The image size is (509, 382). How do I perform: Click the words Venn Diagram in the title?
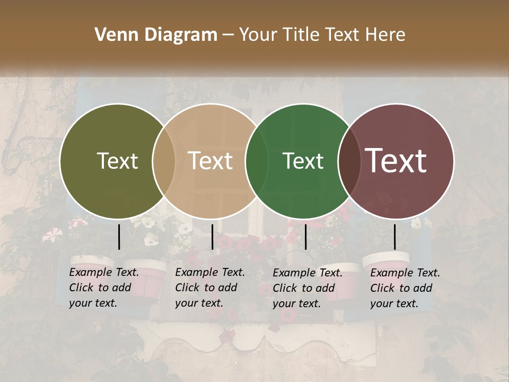click(x=156, y=35)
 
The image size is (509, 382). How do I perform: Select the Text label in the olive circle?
click(x=117, y=161)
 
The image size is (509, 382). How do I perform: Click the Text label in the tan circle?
click(x=210, y=161)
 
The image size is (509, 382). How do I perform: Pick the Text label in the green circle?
click(x=303, y=161)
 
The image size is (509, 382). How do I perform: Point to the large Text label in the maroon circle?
click(x=396, y=161)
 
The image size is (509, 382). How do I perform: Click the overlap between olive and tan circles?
click(x=164, y=161)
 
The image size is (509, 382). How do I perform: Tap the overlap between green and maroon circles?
click(x=349, y=161)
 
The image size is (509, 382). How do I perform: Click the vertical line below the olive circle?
click(x=119, y=237)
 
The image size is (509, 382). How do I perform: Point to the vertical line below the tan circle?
click(x=212, y=237)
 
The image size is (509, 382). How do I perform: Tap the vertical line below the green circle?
click(x=305, y=237)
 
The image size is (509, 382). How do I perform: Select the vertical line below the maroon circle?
click(x=394, y=237)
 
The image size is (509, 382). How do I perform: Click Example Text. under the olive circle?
click(x=104, y=273)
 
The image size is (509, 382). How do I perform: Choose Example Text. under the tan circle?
click(x=210, y=273)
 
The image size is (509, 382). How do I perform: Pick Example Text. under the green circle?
click(x=308, y=273)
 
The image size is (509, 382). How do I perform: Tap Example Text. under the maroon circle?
click(x=405, y=273)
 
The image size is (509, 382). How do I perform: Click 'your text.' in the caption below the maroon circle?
click(x=394, y=303)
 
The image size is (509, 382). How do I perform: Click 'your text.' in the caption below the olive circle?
click(x=93, y=303)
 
